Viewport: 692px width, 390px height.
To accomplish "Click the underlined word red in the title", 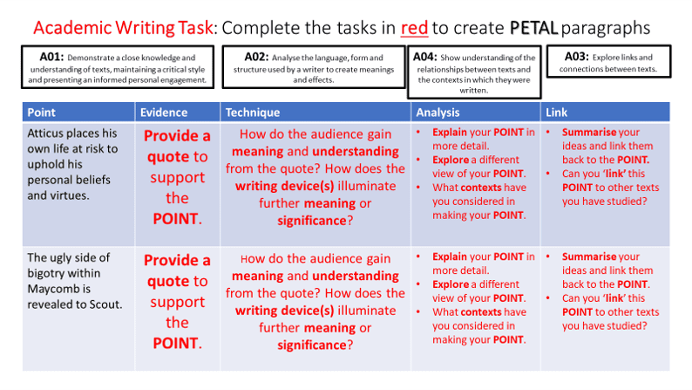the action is (x=414, y=28).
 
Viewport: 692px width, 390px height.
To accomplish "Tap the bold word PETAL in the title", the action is (x=533, y=28).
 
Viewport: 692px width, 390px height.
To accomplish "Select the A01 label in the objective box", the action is (x=51, y=57).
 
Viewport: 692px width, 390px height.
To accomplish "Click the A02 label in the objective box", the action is (x=256, y=57).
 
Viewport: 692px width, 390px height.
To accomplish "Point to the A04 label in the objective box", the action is (x=425, y=57).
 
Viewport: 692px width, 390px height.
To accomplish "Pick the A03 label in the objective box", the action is (x=577, y=57).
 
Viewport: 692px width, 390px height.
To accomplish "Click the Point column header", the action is (x=42, y=113).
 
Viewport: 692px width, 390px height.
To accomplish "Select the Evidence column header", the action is (x=164, y=113).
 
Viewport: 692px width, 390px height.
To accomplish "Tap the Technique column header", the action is (x=253, y=113).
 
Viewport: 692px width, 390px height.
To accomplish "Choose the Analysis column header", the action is (x=438, y=113).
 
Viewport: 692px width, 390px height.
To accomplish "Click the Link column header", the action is (x=557, y=113).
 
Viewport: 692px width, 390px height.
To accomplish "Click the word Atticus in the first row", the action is (x=44, y=133).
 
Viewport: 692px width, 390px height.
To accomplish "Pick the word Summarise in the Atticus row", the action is (x=589, y=132).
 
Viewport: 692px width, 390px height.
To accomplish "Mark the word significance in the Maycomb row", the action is (x=312, y=345).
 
